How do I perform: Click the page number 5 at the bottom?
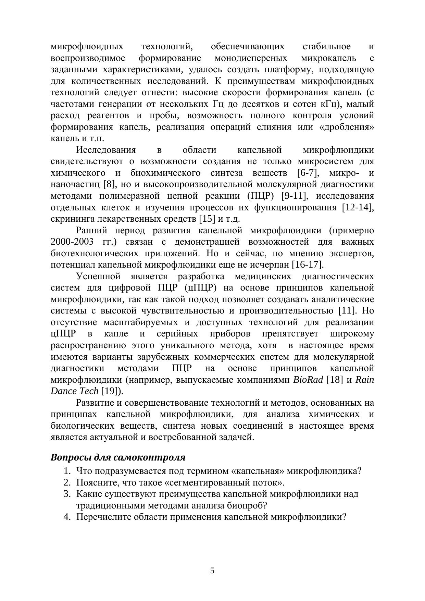(x=212, y=571)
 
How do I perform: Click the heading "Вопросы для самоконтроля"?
(x=118, y=457)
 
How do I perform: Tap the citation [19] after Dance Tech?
(x=111, y=391)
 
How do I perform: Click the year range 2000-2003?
(x=72, y=242)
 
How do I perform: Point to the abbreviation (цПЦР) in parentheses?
(x=201, y=288)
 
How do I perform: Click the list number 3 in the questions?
(x=66, y=494)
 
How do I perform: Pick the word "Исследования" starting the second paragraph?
(x=106, y=150)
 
